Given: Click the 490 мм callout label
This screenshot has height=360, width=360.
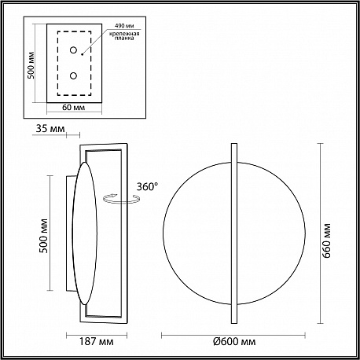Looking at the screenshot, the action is click(124, 26).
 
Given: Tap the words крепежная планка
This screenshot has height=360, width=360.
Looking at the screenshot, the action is click(124, 36).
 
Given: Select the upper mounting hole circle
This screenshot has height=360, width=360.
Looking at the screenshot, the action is click(73, 50).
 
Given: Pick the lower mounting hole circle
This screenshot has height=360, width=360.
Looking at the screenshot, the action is click(73, 75).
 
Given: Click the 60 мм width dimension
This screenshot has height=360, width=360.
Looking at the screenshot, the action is click(74, 108).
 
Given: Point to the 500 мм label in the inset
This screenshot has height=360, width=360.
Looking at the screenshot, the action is click(31, 65).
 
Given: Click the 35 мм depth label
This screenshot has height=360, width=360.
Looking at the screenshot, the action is click(50, 129).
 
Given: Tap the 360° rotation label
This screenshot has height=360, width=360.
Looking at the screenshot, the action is click(147, 186).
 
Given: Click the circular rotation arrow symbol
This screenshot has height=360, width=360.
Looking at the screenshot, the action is click(121, 199).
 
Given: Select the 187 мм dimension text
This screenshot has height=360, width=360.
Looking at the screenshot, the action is click(97, 342).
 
